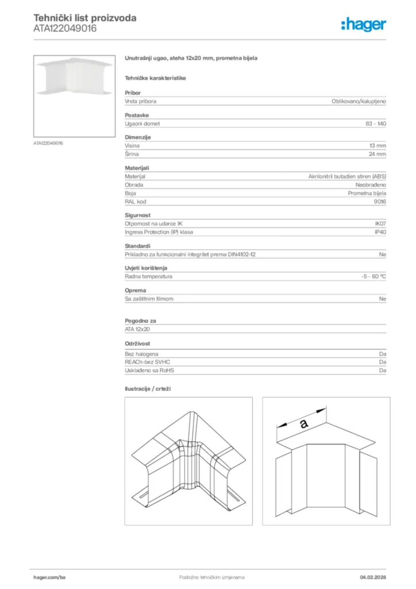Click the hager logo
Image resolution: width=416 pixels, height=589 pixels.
[363, 24]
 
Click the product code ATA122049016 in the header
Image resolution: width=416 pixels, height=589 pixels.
[65, 28]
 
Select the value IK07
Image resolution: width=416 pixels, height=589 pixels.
[380, 223]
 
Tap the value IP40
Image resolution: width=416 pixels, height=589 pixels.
[380, 232]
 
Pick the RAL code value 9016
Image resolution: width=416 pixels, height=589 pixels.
[380, 201]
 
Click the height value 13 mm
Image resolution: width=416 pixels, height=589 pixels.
[378, 146]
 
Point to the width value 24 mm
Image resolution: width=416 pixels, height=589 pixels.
[378, 154]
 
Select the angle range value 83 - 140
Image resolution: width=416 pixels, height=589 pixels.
[376, 124]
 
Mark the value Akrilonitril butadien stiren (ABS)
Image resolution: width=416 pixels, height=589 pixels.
[347, 176]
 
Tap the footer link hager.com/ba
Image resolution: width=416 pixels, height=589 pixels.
[50, 577]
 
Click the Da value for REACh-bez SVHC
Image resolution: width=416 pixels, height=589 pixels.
[382, 362]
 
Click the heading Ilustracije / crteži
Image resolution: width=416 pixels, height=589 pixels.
[148, 389]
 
